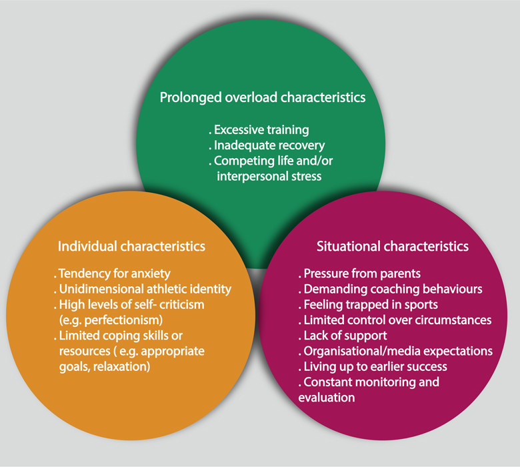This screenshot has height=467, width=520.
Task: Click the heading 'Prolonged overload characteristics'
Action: click(263, 97)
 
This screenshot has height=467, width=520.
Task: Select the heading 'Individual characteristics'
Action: click(131, 246)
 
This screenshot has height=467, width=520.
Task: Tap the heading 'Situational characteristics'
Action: click(392, 246)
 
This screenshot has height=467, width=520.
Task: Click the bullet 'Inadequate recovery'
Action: click(263, 145)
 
